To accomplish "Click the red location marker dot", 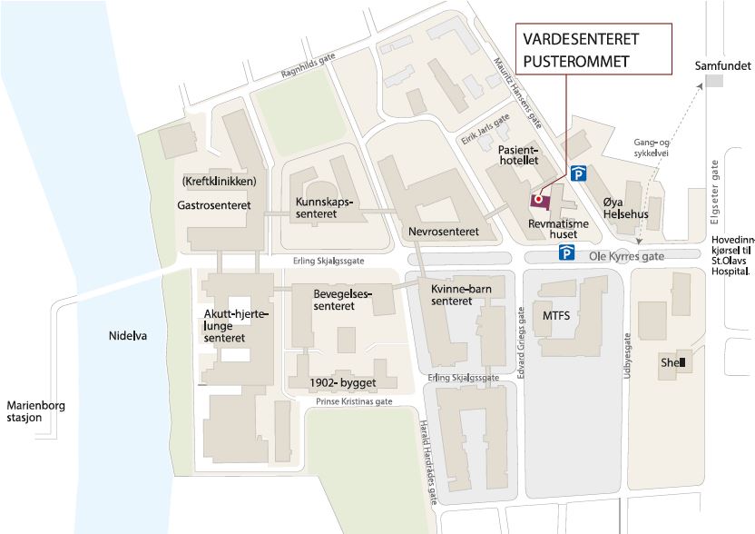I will click(x=537, y=198).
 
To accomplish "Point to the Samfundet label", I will click(x=723, y=66).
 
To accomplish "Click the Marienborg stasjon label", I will click(x=36, y=411).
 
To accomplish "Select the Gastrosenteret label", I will click(x=214, y=206).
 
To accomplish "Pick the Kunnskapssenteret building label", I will click(x=323, y=208).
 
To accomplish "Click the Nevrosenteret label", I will click(x=444, y=232).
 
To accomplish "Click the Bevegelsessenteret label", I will click(x=333, y=301).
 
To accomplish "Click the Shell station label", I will click(x=672, y=362).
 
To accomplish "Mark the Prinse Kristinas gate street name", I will click(x=354, y=401).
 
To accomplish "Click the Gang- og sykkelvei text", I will click(x=652, y=147).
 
